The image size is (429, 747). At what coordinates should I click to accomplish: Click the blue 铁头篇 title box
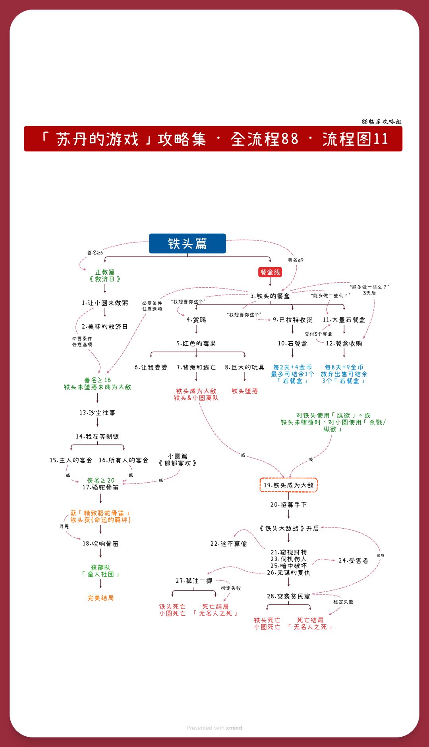click(x=187, y=243)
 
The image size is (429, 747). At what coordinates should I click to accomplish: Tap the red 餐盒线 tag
click(x=270, y=272)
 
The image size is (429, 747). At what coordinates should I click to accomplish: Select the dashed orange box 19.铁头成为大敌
click(x=288, y=485)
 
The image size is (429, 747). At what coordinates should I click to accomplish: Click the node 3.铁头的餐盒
click(x=270, y=296)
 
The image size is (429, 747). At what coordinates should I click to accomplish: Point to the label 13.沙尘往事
click(x=97, y=413)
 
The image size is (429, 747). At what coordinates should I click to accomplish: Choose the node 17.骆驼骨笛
click(x=100, y=487)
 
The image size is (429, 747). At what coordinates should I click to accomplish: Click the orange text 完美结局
click(x=100, y=598)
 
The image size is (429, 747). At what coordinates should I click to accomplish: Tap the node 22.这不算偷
click(x=229, y=544)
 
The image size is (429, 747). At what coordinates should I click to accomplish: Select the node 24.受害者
click(x=354, y=560)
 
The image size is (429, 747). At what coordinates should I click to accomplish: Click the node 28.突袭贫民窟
click(x=288, y=596)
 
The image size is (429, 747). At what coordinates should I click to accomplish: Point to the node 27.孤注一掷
click(x=194, y=581)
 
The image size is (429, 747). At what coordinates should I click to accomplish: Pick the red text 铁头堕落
click(x=245, y=391)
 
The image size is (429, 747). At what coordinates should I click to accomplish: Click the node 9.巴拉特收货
click(x=292, y=320)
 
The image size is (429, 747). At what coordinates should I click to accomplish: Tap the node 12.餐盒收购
click(x=344, y=344)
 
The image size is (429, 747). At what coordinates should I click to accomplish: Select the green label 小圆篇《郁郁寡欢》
click(x=178, y=460)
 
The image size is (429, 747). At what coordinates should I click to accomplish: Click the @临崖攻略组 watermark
click(x=382, y=121)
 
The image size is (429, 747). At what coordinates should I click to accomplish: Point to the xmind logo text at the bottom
click(x=234, y=728)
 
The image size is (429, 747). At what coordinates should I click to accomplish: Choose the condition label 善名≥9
click(x=296, y=260)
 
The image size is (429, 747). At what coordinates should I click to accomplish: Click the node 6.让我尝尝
click(x=151, y=368)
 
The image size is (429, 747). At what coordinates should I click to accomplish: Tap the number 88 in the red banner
click(x=290, y=139)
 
